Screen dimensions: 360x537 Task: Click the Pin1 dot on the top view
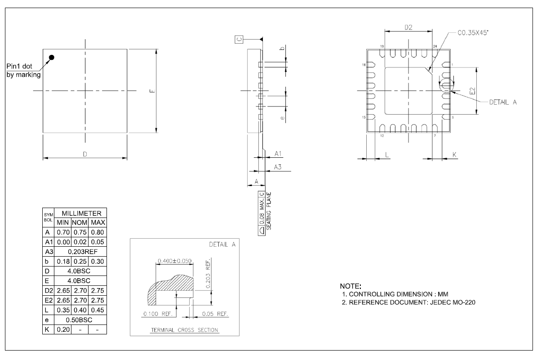52,57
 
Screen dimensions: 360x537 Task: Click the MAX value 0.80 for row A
98,233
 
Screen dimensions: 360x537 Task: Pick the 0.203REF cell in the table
80,252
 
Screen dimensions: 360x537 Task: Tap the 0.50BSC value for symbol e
80,320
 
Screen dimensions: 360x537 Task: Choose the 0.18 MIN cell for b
62,262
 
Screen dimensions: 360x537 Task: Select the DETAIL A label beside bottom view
502,102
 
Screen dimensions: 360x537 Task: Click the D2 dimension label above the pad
408,28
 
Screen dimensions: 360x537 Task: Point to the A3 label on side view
278,168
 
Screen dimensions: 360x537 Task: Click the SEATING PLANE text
268,211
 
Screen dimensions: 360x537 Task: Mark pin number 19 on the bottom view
382,47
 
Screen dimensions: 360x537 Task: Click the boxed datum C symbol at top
239,40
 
